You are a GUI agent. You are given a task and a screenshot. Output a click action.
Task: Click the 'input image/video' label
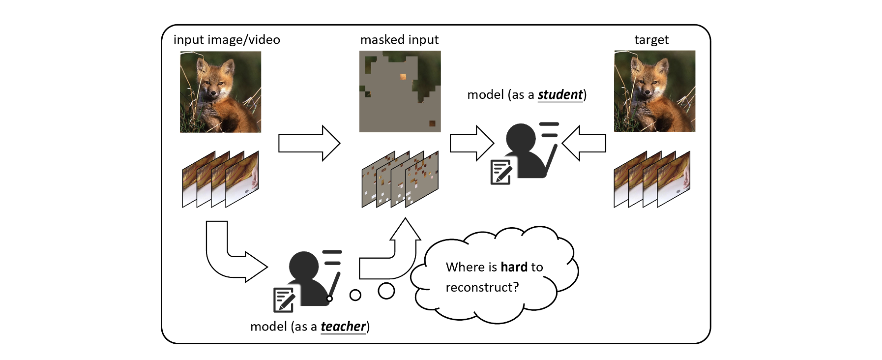(227, 40)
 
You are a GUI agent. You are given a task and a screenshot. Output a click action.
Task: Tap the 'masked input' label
(399, 40)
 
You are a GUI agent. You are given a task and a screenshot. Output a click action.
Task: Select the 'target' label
(651, 40)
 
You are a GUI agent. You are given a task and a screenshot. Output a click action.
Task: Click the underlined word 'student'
(560, 94)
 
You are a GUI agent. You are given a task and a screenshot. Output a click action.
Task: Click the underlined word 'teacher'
(343, 327)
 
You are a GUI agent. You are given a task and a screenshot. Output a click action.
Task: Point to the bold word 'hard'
(514, 267)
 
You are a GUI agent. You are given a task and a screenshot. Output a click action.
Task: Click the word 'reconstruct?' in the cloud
(482, 287)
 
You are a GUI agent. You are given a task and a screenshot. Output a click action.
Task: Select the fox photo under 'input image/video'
(220, 92)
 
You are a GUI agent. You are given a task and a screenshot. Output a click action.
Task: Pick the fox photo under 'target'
(654, 91)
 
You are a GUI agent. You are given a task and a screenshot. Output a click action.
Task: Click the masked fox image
(400, 91)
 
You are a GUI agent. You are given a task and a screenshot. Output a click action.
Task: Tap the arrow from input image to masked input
(309, 143)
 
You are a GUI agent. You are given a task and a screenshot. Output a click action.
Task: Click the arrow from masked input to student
(471, 143)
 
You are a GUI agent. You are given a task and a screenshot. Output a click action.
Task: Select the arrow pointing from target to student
(584, 143)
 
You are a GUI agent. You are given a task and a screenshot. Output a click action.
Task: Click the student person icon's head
(521, 137)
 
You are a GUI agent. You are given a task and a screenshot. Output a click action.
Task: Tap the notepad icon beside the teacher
(284, 300)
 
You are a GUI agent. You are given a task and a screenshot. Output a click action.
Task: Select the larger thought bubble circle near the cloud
(386, 291)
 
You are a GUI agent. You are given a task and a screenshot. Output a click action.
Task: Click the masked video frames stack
(400, 180)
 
